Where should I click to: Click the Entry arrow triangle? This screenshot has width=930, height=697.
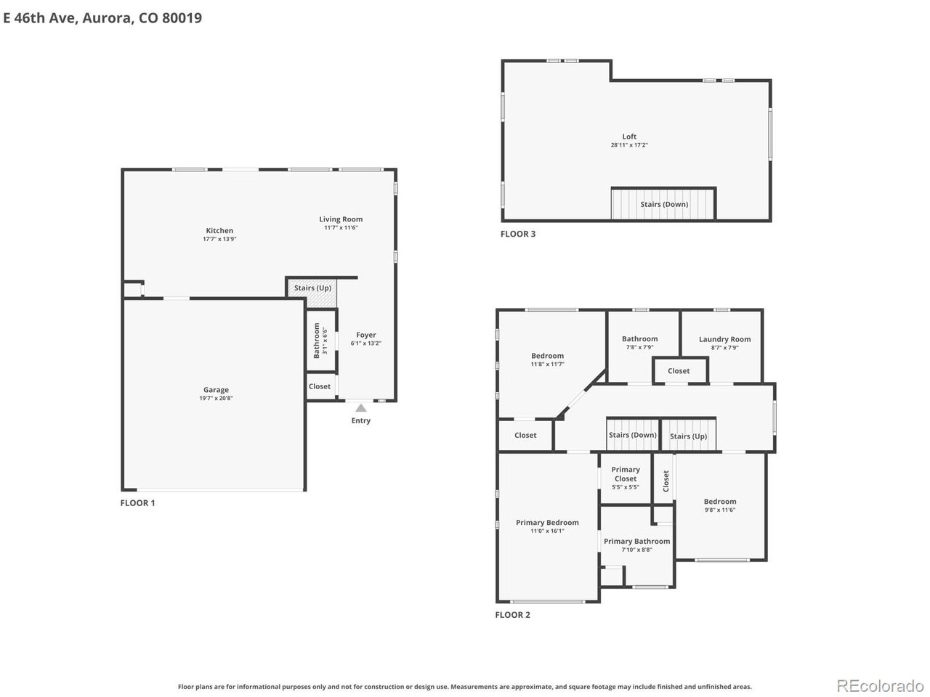tap(360, 408)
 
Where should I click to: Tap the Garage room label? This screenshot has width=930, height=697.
tap(216, 390)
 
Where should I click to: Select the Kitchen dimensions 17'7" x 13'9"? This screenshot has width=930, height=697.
tap(219, 239)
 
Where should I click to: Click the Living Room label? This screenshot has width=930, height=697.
tap(341, 219)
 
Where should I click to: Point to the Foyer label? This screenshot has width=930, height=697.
tap(365, 335)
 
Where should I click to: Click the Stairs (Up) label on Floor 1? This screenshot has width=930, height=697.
tap(312, 288)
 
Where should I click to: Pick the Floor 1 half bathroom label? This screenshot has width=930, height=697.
tap(317, 341)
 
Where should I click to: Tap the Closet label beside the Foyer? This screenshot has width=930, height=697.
tap(320, 386)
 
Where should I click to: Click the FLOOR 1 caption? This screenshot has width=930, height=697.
tap(138, 502)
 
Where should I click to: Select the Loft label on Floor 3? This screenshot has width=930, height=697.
tap(629, 136)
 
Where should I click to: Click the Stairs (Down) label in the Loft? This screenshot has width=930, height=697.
tap(664, 205)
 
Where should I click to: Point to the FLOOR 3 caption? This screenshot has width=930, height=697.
tap(518, 234)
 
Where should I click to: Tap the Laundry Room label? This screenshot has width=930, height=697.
tap(724, 339)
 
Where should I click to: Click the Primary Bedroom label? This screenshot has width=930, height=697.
tap(547, 523)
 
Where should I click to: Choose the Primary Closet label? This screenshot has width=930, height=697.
tap(626, 474)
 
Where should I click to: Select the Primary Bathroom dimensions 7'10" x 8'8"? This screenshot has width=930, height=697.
tap(636, 550)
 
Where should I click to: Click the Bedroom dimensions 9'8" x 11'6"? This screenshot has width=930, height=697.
tap(720, 510)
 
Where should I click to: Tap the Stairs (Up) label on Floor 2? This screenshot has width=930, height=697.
tap(688, 436)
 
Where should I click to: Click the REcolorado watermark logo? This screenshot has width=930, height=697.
tap(881, 685)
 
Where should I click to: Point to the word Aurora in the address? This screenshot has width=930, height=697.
tap(108, 17)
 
